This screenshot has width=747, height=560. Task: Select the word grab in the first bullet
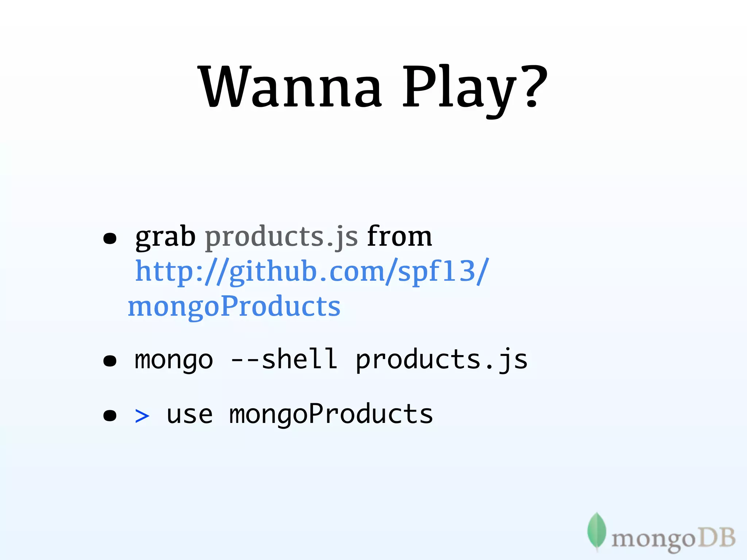point(165,237)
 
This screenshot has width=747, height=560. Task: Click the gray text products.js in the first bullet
point(281,237)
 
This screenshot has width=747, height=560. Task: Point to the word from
point(399,237)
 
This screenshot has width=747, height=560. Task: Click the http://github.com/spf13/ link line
point(312,272)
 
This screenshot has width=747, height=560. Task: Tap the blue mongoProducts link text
point(234,306)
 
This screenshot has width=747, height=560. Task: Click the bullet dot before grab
point(110,239)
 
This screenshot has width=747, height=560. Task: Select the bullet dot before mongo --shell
point(110,361)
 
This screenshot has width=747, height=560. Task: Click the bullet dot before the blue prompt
point(110,415)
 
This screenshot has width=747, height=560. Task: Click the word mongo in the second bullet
point(174,360)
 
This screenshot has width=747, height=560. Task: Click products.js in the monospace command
point(441,360)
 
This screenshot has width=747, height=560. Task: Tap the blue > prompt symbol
point(142,416)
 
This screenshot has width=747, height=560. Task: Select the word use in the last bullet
point(189,415)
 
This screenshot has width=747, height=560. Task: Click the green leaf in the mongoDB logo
point(596,531)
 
